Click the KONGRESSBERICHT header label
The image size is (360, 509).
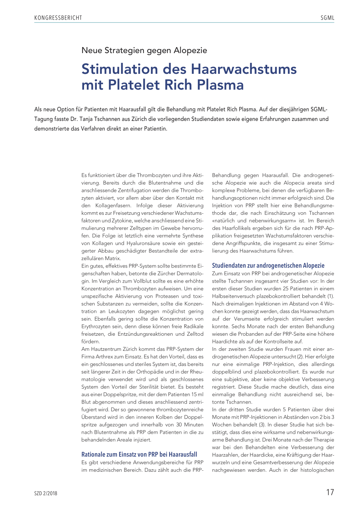click(x=58, y=18)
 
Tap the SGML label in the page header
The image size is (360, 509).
click(x=327, y=18)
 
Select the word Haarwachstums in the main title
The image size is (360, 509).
click(x=244, y=69)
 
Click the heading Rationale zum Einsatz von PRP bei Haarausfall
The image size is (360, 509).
click(x=139, y=455)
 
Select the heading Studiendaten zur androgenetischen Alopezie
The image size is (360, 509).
click(x=268, y=266)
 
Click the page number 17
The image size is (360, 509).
click(x=330, y=492)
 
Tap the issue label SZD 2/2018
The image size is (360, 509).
click(x=46, y=494)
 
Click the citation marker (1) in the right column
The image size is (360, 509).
click(x=330, y=296)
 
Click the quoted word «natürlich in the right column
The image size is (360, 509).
click(x=224, y=221)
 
